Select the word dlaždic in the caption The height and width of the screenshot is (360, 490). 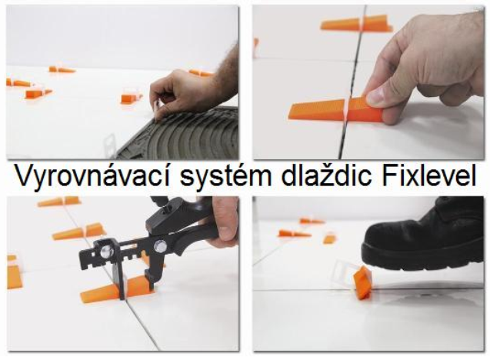[x=326, y=175]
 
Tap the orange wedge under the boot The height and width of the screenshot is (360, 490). [x=362, y=283]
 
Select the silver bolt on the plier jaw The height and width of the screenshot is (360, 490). [x=107, y=250]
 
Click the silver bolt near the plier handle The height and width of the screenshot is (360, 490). [x=161, y=247]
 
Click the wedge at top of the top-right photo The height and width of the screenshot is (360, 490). [x=356, y=23]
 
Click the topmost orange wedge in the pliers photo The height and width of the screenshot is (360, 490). [x=59, y=202]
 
